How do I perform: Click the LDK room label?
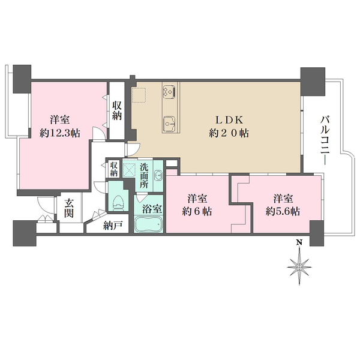pyautogui.click(x=229, y=120)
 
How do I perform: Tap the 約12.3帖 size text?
pyautogui.click(x=59, y=133)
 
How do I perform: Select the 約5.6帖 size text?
pyautogui.click(x=283, y=211)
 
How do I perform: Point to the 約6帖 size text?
pyautogui.click(x=197, y=211)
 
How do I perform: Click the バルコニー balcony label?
pyautogui.click(x=325, y=140)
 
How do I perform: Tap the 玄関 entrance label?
pyautogui.click(x=69, y=208)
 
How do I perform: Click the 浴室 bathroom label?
pyautogui.click(x=152, y=209)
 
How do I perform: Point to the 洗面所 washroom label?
pyautogui.click(x=144, y=176)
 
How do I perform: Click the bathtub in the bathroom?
pyautogui.click(x=149, y=224)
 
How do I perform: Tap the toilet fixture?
pyautogui.click(x=119, y=203)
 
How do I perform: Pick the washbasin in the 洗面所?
pyautogui.click(x=158, y=175)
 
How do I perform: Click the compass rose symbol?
pyautogui.click(x=299, y=267)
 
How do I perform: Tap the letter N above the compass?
pyautogui.click(x=299, y=242)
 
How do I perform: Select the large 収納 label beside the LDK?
pyautogui.click(x=117, y=110)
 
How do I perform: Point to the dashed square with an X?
pyautogui.click(x=130, y=170)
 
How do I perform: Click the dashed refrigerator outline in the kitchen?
pyautogui.click(x=139, y=95)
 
